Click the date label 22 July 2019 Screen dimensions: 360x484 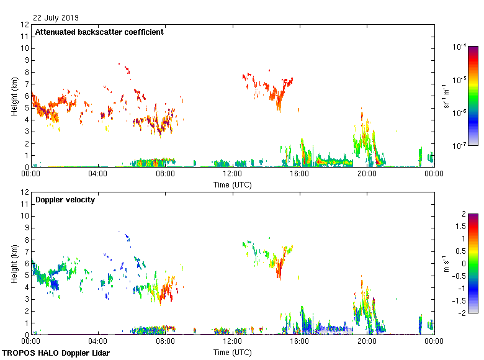pos(56,18)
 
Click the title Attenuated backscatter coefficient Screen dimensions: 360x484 pos(99,32)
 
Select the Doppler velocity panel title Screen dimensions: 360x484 pos(65,200)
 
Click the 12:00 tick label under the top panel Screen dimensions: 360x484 pos(233,174)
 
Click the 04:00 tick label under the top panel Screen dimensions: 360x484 pos(99,174)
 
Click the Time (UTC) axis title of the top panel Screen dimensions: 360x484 pos(233,184)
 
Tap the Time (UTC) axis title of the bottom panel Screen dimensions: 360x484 pos(233,352)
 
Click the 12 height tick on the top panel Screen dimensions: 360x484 pos(25,25)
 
